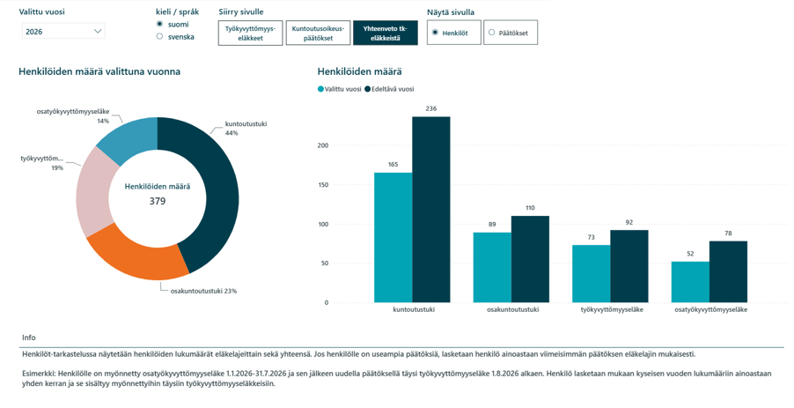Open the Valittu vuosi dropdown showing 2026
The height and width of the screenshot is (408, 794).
coord(63,32)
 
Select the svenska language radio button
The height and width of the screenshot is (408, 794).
coord(159,36)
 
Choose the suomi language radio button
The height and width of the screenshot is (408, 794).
coord(159,24)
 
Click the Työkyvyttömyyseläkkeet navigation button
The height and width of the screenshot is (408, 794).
coord(250,33)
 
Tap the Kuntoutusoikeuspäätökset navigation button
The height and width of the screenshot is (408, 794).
coord(318,33)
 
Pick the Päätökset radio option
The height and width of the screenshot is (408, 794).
coord(511,33)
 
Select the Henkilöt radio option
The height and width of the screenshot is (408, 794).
coord(453,33)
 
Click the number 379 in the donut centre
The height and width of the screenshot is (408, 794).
coord(158,201)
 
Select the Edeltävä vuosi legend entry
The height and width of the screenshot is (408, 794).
coord(389,89)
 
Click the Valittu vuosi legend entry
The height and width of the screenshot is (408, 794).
coord(340,89)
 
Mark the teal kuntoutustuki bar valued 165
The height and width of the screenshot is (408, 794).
coord(393,238)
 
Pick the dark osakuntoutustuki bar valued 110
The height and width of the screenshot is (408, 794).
coord(530,259)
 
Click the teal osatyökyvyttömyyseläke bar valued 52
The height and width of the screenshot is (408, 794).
coord(690,282)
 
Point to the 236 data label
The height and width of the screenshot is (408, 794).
coord(431,108)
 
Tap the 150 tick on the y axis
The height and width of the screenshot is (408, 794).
coord(322,185)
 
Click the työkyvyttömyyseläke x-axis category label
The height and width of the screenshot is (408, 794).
coord(612,309)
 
